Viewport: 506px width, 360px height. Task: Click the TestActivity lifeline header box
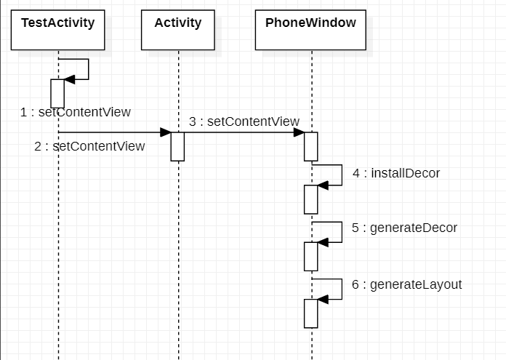(x=57, y=30)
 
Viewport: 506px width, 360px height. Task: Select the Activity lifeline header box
(x=177, y=30)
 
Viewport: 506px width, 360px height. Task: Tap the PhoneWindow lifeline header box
(x=310, y=30)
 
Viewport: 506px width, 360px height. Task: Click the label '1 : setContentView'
(x=76, y=112)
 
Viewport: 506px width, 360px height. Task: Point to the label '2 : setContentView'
(x=89, y=146)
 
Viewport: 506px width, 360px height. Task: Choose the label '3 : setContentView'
(x=244, y=121)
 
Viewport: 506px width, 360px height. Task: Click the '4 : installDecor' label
(x=396, y=173)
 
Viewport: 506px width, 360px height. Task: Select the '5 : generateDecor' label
(x=405, y=228)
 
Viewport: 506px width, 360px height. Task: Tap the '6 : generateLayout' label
(x=407, y=284)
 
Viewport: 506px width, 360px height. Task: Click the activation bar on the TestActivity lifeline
(x=57, y=93)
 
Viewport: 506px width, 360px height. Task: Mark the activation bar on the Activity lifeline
(x=177, y=146)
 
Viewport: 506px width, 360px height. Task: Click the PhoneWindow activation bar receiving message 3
(x=310, y=146)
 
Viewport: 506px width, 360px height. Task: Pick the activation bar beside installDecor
(x=310, y=199)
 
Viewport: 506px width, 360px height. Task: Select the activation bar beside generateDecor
(x=310, y=256)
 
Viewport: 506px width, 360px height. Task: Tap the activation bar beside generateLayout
(x=310, y=313)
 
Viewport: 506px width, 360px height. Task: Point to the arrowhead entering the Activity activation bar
(x=165, y=132)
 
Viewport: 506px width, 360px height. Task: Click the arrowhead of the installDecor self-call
(x=324, y=185)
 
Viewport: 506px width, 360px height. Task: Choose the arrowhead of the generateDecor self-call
(x=324, y=242)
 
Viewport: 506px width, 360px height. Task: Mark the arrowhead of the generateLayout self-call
(x=324, y=298)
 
